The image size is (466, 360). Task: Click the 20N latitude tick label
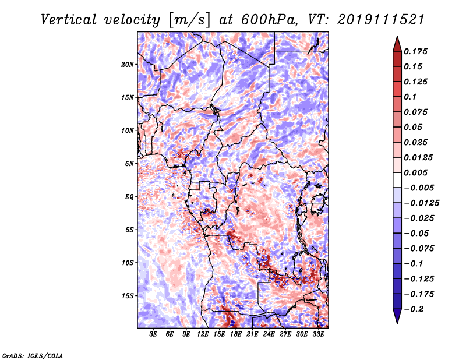pyautogui.click(x=128, y=65)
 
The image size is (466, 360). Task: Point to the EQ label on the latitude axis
pyautogui.click(x=129, y=197)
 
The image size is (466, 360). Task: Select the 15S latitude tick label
pyautogui.click(x=128, y=296)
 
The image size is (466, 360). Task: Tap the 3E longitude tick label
pyautogui.click(x=153, y=334)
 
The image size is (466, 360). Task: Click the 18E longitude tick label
pyautogui.click(x=236, y=334)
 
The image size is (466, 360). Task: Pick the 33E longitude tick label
pyautogui.click(x=318, y=334)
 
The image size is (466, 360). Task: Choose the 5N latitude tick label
pyautogui.click(x=129, y=164)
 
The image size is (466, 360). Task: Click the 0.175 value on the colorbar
pyautogui.click(x=415, y=51)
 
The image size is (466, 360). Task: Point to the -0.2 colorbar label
pyautogui.click(x=414, y=309)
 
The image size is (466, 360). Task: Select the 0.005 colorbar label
pyautogui.click(x=415, y=172)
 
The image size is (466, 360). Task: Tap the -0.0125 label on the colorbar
pyautogui.click(x=422, y=203)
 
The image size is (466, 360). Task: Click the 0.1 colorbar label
pyautogui.click(x=410, y=97)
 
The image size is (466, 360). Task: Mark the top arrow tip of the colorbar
pyautogui.click(x=397, y=36)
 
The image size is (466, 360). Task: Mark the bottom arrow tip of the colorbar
pyautogui.click(x=397, y=324)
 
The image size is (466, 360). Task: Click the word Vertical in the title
pyautogui.click(x=69, y=20)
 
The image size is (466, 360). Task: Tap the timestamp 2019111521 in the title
pyautogui.click(x=381, y=20)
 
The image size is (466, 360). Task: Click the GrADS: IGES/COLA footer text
pyautogui.click(x=33, y=355)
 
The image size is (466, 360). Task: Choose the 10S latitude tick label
pyautogui.click(x=128, y=263)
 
